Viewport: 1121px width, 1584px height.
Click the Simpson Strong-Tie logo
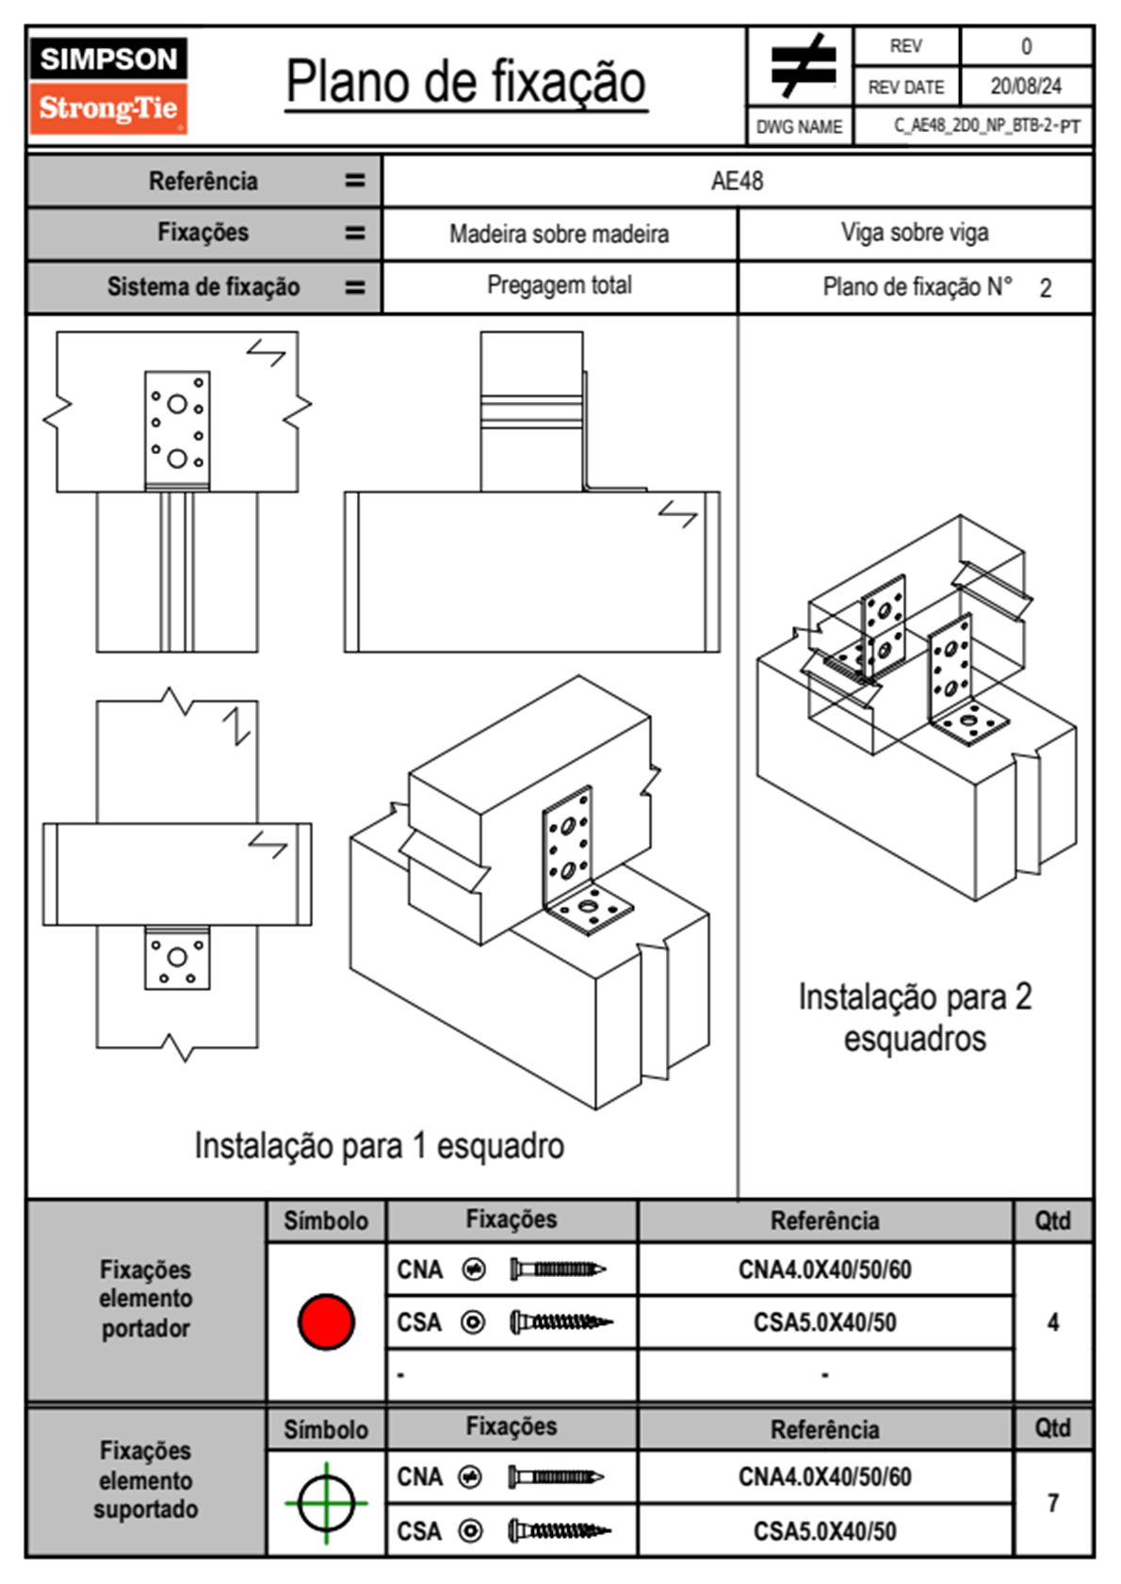(x=108, y=85)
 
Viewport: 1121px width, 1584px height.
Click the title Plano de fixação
(x=465, y=82)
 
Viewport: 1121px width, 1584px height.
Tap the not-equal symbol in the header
(x=802, y=66)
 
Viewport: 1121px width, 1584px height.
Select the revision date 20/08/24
(x=1025, y=87)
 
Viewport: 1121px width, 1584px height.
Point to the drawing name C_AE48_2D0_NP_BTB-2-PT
(x=986, y=126)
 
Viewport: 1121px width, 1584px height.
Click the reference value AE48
(x=737, y=181)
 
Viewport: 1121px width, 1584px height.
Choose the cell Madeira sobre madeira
(x=559, y=234)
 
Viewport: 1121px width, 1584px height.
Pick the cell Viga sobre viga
(x=915, y=233)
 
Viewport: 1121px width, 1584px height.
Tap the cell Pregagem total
(x=559, y=285)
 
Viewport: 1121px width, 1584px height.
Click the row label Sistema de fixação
(x=203, y=286)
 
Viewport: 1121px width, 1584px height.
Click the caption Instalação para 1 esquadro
(x=379, y=1146)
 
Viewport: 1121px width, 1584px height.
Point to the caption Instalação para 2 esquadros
(x=915, y=1017)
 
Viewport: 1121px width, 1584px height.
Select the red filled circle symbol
(x=326, y=1321)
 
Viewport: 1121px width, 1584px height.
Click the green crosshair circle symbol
(x=326, y=1503)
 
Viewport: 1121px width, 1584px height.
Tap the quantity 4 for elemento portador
(x=1052, y=1322)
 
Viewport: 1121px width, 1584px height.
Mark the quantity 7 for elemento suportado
(x=1052, y=1503)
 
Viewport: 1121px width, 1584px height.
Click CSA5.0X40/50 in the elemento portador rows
(x=824, y=1322)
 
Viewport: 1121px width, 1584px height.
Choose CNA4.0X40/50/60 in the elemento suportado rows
(x=824, y=1477)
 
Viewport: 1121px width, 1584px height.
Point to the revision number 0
(x=1026, y=46)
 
